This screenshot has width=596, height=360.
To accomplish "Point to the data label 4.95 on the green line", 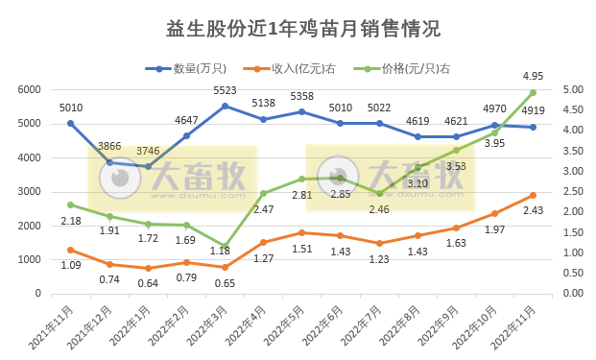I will [x=534, y=75].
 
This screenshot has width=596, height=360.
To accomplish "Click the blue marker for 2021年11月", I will [x=71, y=123].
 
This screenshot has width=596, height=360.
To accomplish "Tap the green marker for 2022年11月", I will [x=534, y=92].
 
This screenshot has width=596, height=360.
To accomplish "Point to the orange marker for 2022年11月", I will [x=534, y=195].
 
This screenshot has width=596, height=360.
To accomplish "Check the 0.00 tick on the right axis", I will [x=571, y=294].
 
